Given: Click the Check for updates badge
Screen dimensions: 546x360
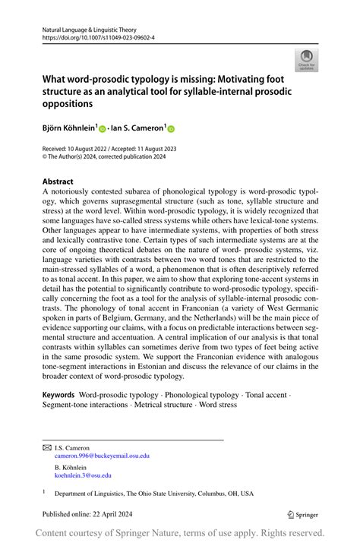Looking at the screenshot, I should tap(307, 60).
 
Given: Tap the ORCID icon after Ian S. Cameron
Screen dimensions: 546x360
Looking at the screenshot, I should tap(171, 130).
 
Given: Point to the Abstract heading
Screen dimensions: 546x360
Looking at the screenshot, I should tap(58, 182).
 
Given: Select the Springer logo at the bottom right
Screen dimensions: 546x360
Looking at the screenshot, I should tap(302, 514).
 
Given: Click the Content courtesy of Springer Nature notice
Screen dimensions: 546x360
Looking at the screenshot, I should tap(180, 533).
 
